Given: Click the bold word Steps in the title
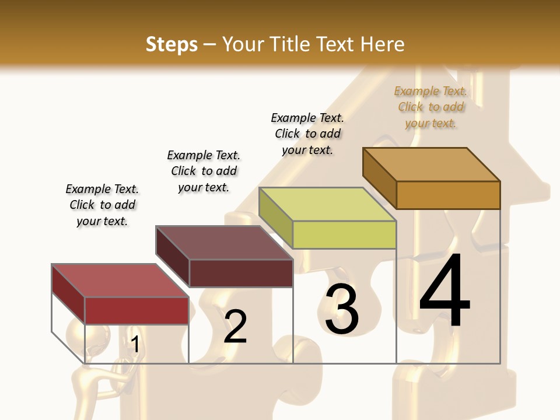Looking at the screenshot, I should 171,44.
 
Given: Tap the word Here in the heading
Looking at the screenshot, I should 382,44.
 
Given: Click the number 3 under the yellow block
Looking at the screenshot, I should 342,309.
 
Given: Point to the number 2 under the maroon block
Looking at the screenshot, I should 235,327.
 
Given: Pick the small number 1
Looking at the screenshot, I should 135,344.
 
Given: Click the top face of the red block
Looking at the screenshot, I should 120,281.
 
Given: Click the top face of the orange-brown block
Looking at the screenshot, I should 431,164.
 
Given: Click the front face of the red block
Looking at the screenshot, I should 136,310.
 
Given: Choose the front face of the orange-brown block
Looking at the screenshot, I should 448,195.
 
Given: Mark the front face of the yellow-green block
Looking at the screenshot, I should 344,235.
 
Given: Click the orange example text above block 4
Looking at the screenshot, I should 430,107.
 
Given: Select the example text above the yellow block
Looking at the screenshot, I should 307,134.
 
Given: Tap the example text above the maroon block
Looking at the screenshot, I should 204,171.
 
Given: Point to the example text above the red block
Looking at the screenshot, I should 102,205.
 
